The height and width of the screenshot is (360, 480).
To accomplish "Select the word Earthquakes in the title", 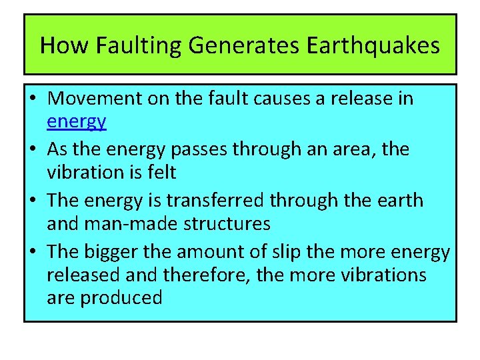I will click(373, 45).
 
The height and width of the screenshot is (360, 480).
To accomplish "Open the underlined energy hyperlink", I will click(77, 122).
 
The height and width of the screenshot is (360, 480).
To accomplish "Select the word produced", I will click(121, 298).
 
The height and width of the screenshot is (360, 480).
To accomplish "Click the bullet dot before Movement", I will click(33, 99).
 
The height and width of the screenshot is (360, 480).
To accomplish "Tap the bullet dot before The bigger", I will click(33, 252).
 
